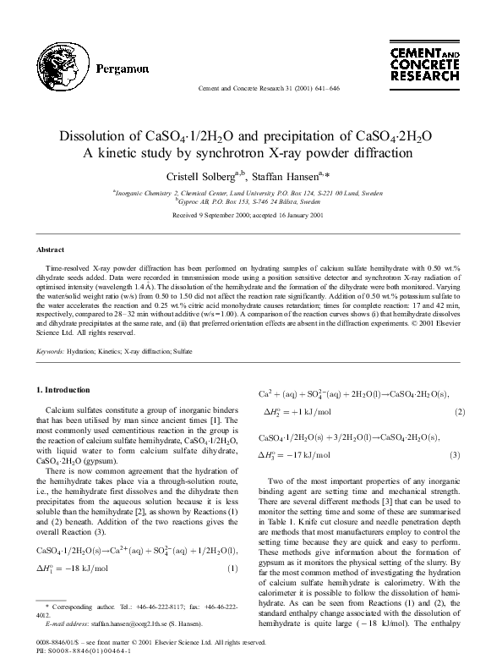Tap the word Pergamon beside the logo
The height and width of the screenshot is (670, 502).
123,69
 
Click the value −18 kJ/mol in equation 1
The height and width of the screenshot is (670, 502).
80,568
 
